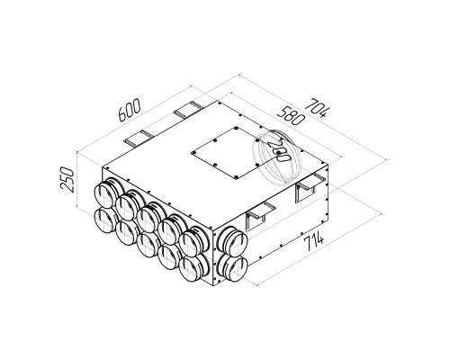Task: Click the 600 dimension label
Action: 130,110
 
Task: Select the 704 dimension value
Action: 318,108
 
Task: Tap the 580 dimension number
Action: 291,117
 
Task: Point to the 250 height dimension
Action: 67,180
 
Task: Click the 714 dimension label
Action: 314,239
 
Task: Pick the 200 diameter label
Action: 278,151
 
